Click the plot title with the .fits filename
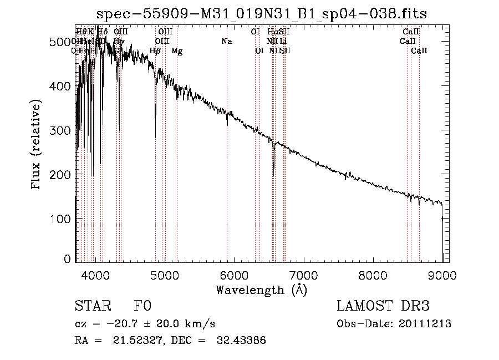coord(262,13)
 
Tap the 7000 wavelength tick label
coord(303,275)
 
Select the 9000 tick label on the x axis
coord(442,275)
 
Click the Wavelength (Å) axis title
coord(261,290)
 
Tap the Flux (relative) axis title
coord(37,145)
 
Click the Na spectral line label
coord(226,42)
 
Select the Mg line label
coord(177,51)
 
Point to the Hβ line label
coord(155,51)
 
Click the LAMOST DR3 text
coord(383,307)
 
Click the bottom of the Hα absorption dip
coord(273,167)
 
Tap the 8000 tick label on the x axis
coord(373,275)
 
